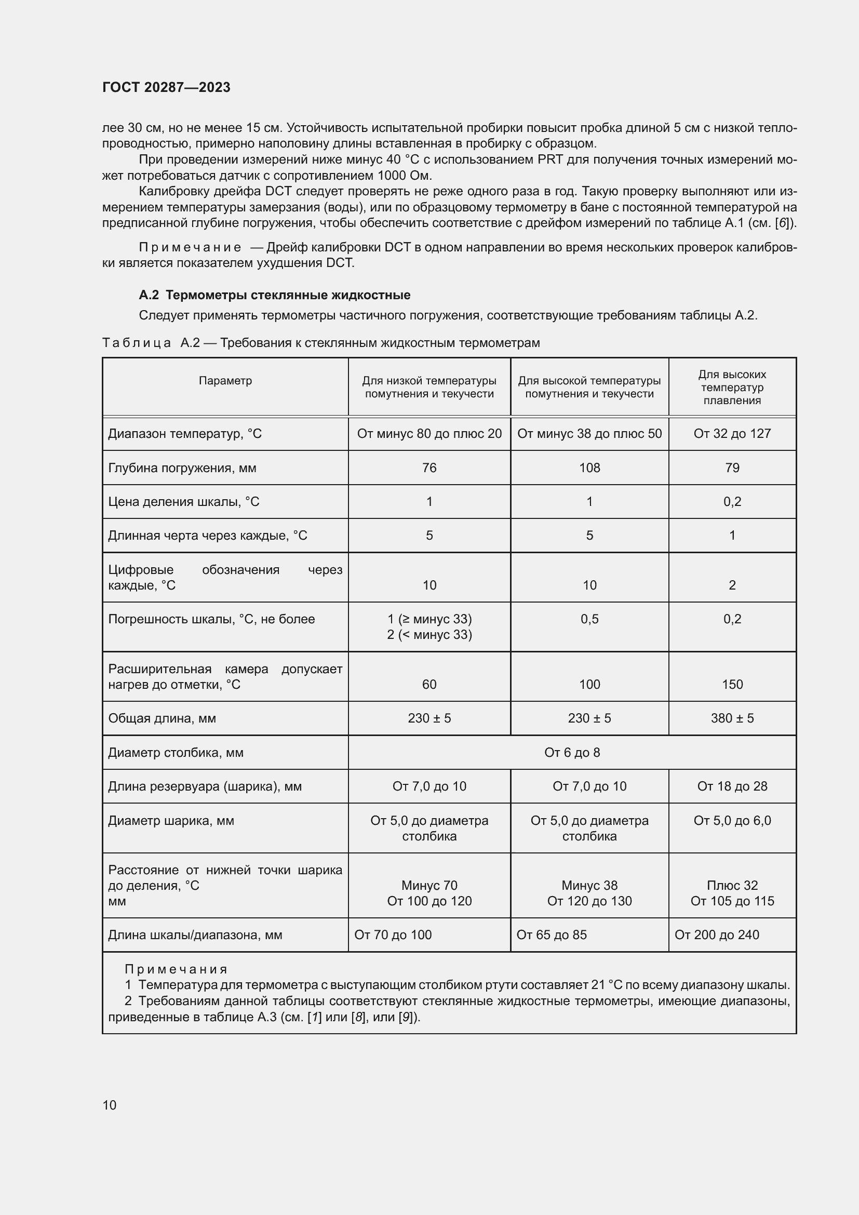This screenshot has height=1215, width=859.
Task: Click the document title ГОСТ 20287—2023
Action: tap(166, 87)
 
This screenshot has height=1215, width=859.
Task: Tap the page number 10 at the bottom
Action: tap(110, 1105)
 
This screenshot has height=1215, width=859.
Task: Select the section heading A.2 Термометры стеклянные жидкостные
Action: tap(275, 295)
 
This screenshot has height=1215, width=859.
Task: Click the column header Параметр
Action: tap(225, 380)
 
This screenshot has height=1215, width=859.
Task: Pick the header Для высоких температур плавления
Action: tap(732, 387)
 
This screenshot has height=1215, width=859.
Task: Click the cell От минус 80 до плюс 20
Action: tap(429, 433)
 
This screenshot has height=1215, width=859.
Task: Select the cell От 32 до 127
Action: tap(732, 433)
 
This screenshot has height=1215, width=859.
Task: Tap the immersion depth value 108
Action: tap(589, 468)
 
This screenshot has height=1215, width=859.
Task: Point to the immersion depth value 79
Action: tap(732, 468)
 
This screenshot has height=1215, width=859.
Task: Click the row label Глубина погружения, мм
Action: tap(182, 468)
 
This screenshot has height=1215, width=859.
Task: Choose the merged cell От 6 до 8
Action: tap(572, 752)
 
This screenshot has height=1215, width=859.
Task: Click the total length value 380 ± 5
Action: tap(732, 718)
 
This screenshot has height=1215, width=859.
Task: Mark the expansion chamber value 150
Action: tap(732, 684)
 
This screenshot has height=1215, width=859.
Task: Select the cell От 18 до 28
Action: tap(732, 786)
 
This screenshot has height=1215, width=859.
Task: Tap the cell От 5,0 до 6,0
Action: tap(732, 820)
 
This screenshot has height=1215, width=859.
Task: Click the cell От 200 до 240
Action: tap(717, 934)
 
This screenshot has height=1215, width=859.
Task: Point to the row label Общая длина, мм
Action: tap(162, 718)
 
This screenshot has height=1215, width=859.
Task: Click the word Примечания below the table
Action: tap(176, 969)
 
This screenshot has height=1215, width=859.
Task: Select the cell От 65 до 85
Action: tap(552, 934)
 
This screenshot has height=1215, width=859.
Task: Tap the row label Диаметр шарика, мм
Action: tap(171, 820)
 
